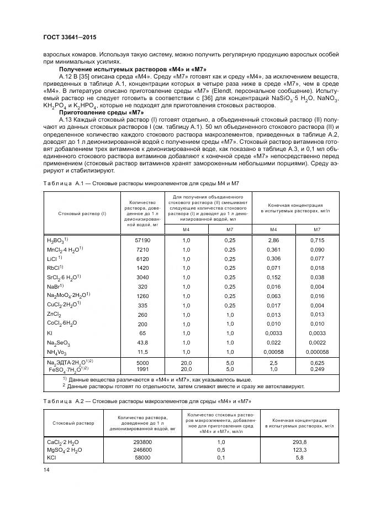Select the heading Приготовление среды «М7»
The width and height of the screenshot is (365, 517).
101,112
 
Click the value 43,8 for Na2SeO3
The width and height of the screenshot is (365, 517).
142,343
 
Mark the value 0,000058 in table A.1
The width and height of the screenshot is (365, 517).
316,352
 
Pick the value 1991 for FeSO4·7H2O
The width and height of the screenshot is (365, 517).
142,368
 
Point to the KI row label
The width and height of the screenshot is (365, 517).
50,333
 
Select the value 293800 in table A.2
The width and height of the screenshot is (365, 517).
142,443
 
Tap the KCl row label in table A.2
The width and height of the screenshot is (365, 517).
52,458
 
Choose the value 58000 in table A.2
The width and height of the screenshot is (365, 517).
142,458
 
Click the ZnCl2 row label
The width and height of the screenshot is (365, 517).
54,315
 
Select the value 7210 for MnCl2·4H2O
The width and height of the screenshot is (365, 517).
142,250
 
